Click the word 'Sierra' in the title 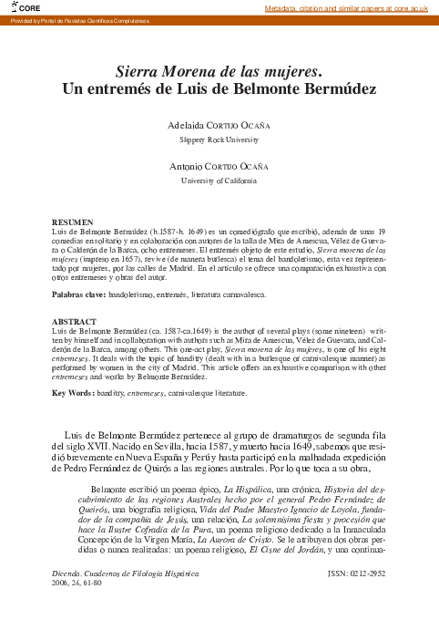(142, 70)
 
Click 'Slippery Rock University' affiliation (219, 140)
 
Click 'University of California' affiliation (219, 181)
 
